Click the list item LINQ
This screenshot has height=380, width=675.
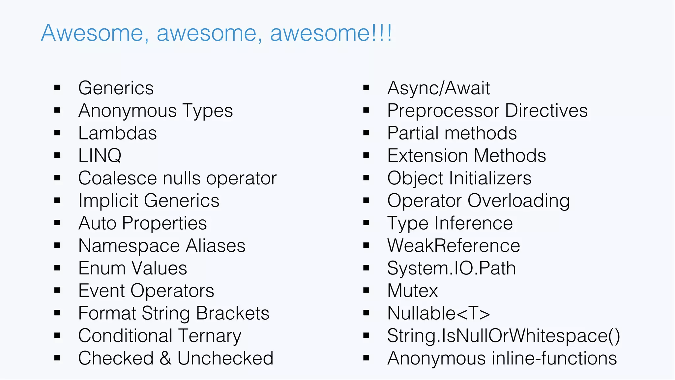[100, 156]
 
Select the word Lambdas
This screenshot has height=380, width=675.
[117, 133]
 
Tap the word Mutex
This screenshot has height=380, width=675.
[412, 291]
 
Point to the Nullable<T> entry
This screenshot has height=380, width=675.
[438, 313]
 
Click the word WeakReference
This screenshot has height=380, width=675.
[454, 246]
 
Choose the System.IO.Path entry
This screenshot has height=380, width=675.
[451, 268]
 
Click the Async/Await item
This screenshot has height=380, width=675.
[438, 88]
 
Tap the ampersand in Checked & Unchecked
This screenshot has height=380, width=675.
[165, 359]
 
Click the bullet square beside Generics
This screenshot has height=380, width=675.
[57, 88]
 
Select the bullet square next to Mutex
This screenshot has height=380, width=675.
[366, 291]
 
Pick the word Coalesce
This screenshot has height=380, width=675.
[118, 178]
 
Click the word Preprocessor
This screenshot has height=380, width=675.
[443, 111]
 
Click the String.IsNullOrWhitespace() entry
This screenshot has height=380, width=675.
[503, 336]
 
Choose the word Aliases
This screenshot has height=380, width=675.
[216, 246]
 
